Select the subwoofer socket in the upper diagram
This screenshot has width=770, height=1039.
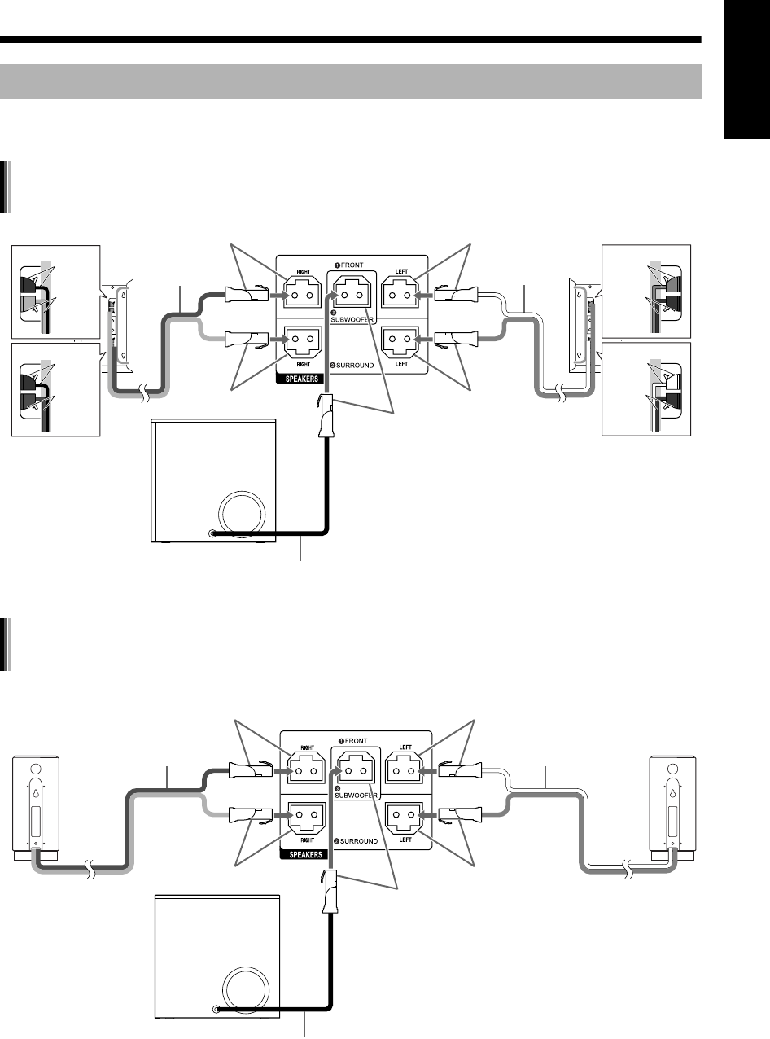click(352, 290)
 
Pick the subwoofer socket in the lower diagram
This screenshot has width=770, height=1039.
click(352, 768)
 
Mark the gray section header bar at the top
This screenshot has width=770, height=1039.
click(351, 81)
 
